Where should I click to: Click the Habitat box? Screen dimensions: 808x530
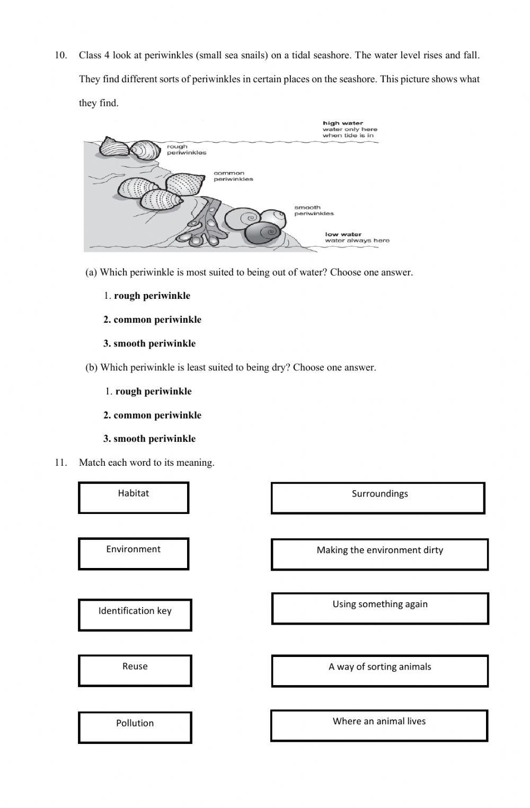click(x=134, y=498)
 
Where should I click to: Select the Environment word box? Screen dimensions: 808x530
click(x=134, y=554)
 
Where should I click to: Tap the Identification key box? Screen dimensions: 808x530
click(x=135, y=615)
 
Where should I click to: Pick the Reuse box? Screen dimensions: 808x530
click(x=135, y=670)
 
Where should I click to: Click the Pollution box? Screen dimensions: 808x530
click(x=135, y=727)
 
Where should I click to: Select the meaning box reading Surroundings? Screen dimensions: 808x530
click(x=378, y=498)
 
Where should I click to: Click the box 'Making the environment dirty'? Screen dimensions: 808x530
click(x=379, y=554)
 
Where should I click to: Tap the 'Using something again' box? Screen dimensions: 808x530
click(x=379, y=608)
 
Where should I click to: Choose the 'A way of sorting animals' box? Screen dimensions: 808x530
click(x=379, y=671)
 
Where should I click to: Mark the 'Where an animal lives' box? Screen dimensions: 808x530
click(x=379, y=725)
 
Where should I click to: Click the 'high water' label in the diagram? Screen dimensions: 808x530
click(x=343, y=123)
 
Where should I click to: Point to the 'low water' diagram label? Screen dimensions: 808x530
click(x=343, y=234)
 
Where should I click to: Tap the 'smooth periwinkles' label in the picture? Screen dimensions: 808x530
click(x=314, y=210)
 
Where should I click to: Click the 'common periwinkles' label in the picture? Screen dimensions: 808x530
click(x=233, y=176)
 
